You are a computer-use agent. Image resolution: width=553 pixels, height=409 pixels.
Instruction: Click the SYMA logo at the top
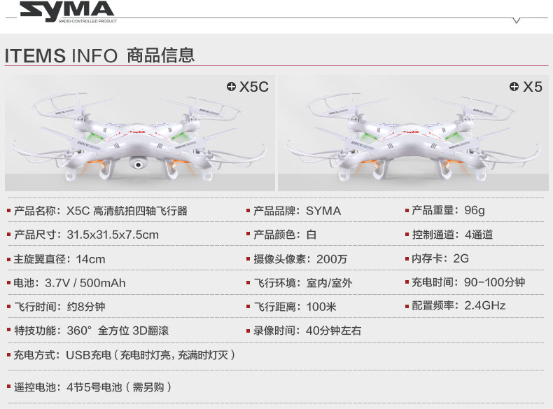(66, 11)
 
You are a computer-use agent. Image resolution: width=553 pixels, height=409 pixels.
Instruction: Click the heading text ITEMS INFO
(61, 55)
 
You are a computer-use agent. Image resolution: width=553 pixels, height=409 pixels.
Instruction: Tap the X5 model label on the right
(533, 87)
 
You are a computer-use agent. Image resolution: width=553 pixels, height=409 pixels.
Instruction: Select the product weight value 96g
(474, 210)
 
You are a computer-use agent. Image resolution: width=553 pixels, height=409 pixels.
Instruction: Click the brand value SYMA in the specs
(323, 211)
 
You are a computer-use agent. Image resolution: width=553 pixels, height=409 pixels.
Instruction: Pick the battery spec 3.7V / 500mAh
(85, 283)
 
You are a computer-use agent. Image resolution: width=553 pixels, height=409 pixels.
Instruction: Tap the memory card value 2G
(461, 258)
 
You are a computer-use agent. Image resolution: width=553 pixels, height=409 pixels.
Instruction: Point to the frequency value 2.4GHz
(484, 305)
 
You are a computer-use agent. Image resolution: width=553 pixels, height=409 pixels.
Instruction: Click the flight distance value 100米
(321, 307)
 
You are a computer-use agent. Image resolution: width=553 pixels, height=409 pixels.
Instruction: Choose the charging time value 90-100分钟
(494, 282)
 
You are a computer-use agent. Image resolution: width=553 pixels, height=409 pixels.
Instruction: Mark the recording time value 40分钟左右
(334, 331)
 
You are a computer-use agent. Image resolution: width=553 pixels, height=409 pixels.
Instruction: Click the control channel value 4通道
(478, 235)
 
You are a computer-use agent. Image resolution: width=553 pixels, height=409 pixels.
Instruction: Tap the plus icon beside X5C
(231, 87)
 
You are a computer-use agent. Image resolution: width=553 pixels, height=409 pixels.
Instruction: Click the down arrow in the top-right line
(517, 21)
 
